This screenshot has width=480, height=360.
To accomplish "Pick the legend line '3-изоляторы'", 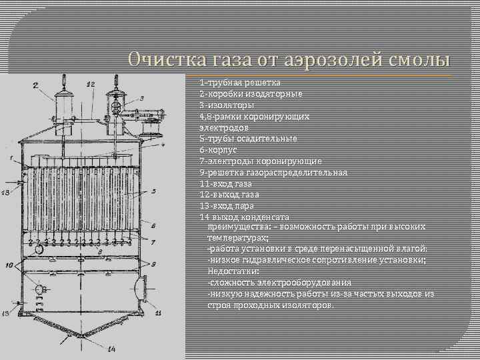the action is tap(223, 105).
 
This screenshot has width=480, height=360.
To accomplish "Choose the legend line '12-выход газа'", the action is tap(229, 195).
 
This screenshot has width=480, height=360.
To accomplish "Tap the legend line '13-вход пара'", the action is tap(226, 206).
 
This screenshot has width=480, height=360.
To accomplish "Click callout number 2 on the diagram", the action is tap(35, 85).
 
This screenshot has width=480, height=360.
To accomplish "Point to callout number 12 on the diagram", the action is tap(91, 84).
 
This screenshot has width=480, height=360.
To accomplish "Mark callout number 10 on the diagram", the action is tap(9, 266).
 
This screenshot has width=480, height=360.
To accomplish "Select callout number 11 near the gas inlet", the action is tap(158, 311).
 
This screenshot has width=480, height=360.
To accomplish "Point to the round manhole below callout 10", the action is tap(40, 289).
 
